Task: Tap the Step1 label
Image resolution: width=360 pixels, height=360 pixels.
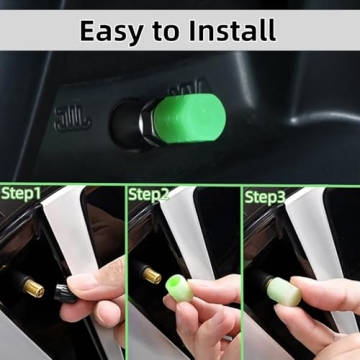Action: click(23, 193)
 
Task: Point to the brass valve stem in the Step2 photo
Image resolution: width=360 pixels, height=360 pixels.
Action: click(153, 272)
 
